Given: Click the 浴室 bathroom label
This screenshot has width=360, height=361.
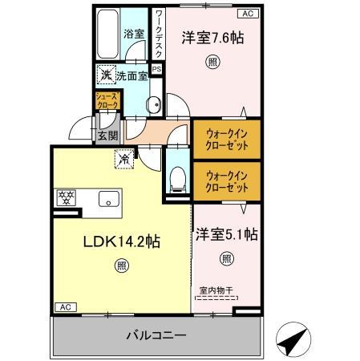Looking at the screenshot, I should (132, 34).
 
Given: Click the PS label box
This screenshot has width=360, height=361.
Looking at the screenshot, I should (157, 70).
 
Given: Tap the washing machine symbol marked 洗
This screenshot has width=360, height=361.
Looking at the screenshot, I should (105, 75).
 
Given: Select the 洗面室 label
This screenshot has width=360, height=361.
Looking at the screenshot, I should (131, 76).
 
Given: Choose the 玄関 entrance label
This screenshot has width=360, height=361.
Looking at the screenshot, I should (107, 136).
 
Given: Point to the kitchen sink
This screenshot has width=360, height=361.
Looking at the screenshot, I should (107, 199).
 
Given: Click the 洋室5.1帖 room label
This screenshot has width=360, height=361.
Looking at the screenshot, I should (227, 235).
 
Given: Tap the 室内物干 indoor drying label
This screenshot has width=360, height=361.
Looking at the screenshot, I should (216, 292).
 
